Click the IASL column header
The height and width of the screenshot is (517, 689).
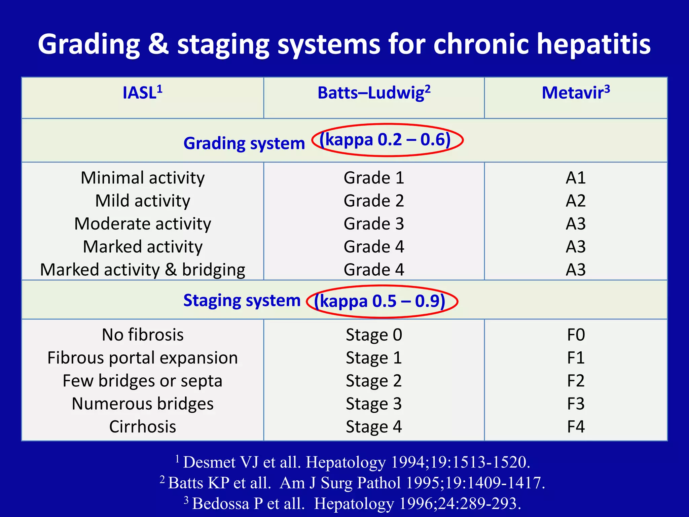click(142, 93)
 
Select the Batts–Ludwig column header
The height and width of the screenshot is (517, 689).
click(374, 93)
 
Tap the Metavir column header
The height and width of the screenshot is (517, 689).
click(576, 93)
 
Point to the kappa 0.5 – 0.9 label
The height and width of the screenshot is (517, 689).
click(379, 301)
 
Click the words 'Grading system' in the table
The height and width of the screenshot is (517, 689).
click(244, 143)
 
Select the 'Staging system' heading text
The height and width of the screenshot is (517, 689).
click(242, 300)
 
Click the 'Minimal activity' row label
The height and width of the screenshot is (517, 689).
click(143, 178)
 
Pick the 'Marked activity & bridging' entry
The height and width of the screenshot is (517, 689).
click(143, 270)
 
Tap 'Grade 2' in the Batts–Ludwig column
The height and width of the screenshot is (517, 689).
click(374, 201)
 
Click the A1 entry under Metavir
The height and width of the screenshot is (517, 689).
click(576, 178)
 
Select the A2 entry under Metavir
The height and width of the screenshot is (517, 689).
click(576, 201)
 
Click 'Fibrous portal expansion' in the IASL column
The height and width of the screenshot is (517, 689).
click(143, 358)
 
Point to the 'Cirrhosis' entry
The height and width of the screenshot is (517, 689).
click(143, 427)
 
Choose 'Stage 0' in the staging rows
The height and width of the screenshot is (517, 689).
click(374, 335)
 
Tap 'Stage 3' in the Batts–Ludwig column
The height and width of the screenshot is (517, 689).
click(374, 404)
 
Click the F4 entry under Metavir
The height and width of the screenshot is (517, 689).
click(576, 427)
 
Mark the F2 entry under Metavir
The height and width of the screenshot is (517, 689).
click(576, 381)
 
